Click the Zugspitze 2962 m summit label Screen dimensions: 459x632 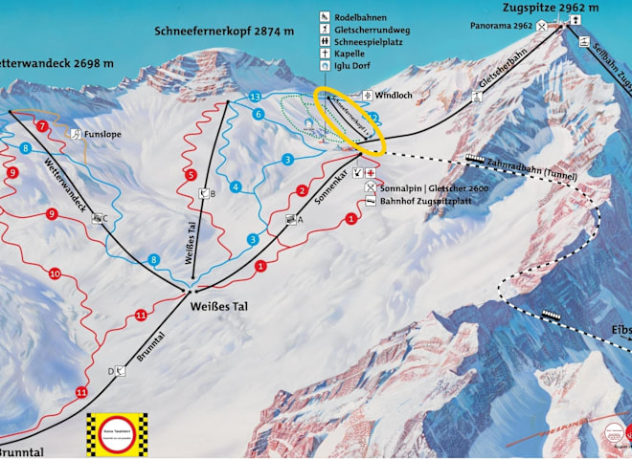[551, 8]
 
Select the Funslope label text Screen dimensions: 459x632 [102, 135]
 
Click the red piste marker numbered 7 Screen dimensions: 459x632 [41, 126]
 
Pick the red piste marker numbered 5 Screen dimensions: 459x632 [192, 175]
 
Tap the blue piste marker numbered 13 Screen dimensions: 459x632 [255, 98]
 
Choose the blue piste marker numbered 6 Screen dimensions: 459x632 [259, 115]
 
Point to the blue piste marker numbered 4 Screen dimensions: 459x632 [235, 186]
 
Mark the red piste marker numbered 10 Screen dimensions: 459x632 [55, 274]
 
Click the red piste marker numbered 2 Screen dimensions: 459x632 [302, 191]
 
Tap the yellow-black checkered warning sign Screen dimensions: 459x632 [119, 433]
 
